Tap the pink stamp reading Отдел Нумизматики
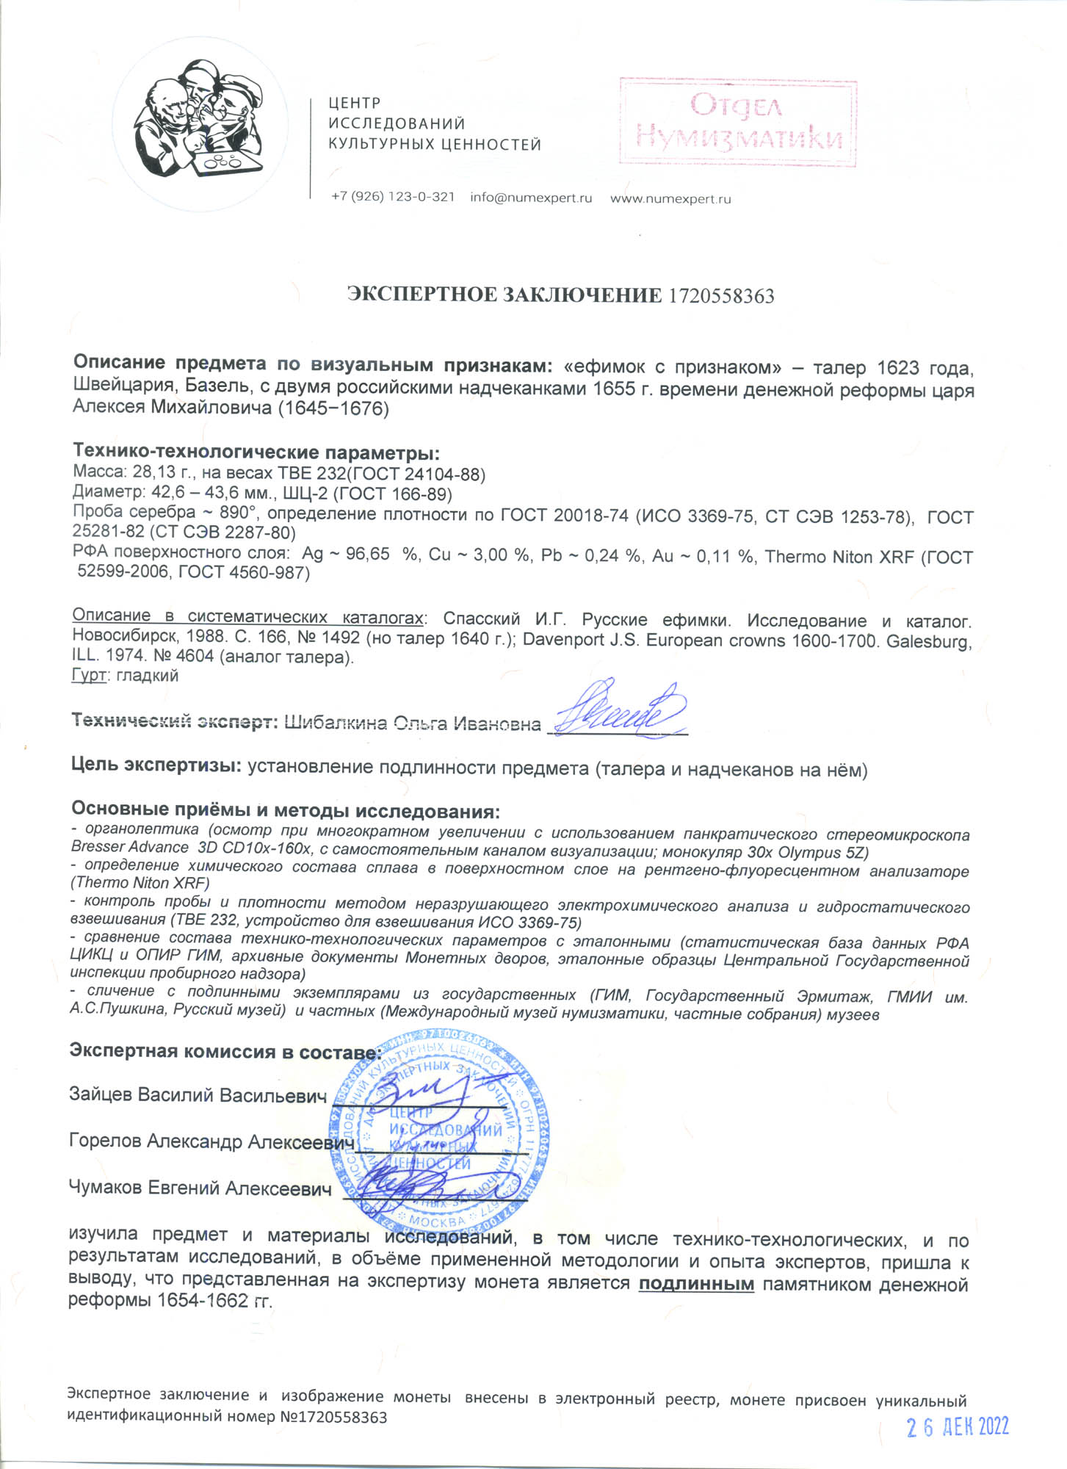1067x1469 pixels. pyautogui.click(x=737, y=122)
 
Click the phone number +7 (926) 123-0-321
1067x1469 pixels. pyautogui.click(x=393, y=197)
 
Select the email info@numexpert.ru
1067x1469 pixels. pyautogui.click(x=530, y=198)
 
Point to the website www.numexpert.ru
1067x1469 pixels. pyautogui.click(x=670, y=198)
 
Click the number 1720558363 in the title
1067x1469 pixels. pyautogui.click(x=720, y=296)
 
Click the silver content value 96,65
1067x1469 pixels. pyautogui.click(x=367, y=554)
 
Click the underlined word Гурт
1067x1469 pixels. pyautogui.click(x=89, y=675)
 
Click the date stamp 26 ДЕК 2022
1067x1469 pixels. pyautogui.click(x=958, y=1426)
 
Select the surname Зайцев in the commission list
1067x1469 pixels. pyautogui.click(x=101, y=1094)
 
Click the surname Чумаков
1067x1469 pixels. pyautogui.click(x=106, y=1188)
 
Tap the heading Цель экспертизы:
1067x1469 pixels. pyautogui.click(x=156, y=765)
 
